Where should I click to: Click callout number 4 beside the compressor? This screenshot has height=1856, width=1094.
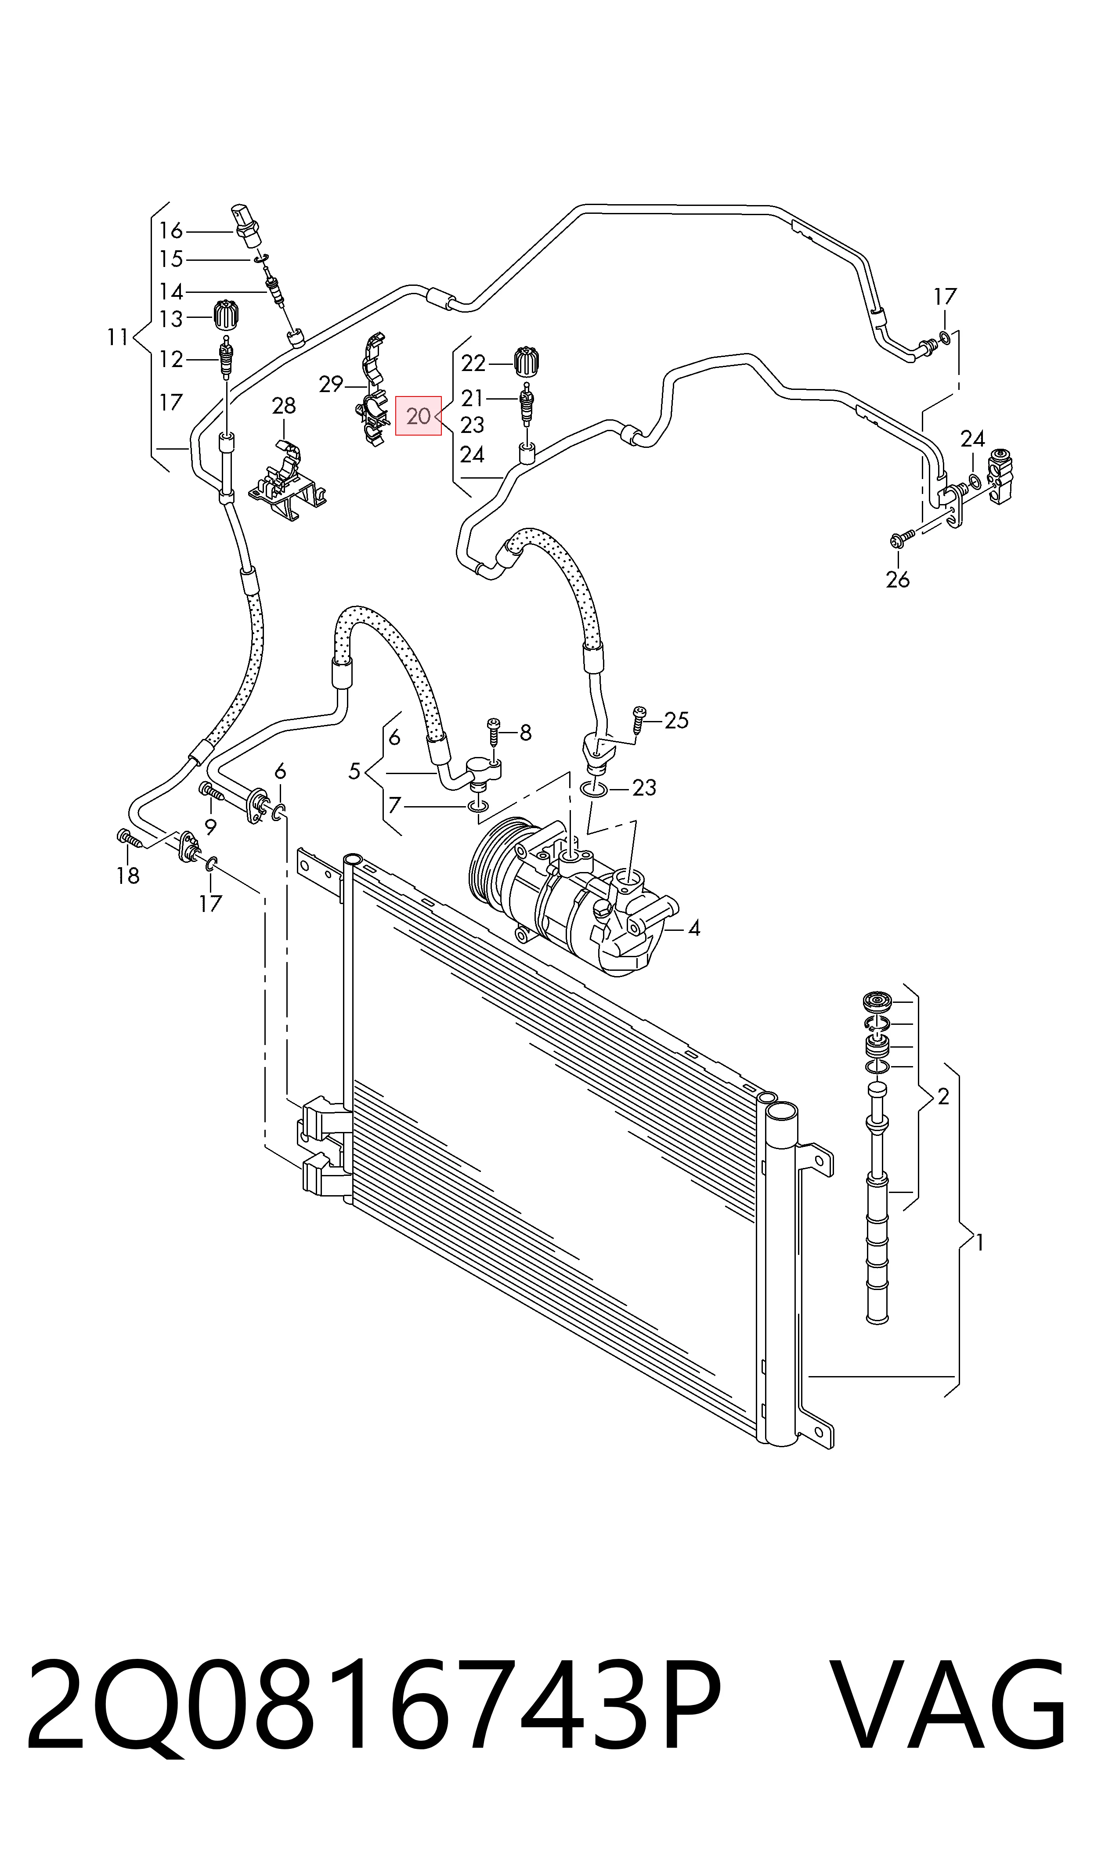[694, 928]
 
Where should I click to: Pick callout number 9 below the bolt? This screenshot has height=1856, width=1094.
[210, 827]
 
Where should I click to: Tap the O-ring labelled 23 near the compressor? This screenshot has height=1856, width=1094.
[594, 790]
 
